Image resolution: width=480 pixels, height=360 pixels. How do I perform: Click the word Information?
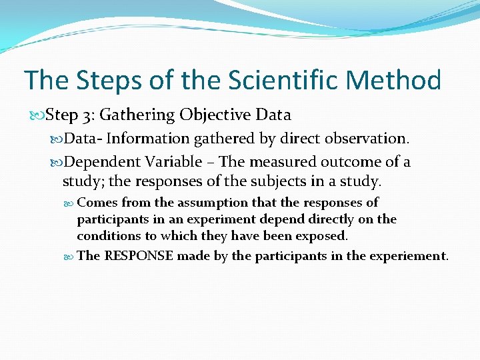[x=148, y=139]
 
